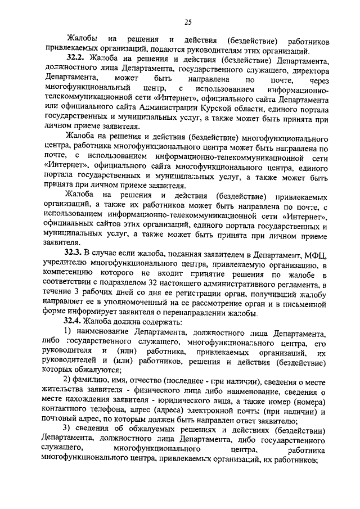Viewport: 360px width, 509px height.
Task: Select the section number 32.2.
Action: click(x=76, y=58)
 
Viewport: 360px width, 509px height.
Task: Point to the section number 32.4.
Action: click(x=75, y=323)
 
